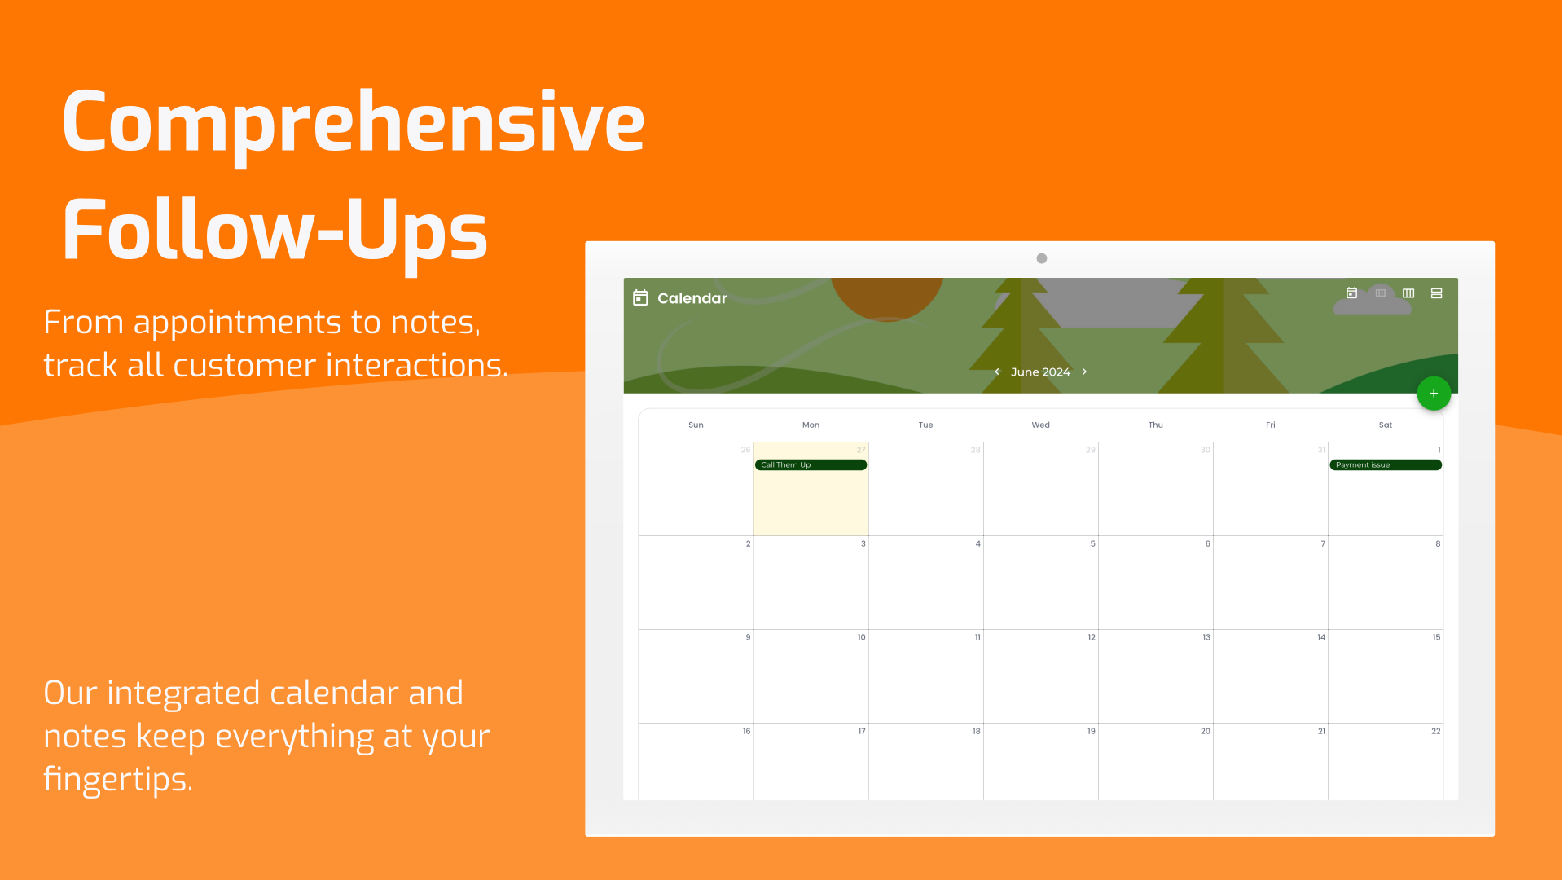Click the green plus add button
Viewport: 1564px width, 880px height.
[1434, 394]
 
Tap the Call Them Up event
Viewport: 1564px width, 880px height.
[811, 465]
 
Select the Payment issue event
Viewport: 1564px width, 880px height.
[1385, 465]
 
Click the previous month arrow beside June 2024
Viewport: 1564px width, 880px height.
[997, 372]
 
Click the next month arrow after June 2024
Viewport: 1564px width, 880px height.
[1084, 372]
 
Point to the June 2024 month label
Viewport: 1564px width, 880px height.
[1040, 372]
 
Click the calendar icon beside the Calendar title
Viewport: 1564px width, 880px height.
[640, 297]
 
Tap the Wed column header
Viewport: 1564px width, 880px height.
[1041, 425]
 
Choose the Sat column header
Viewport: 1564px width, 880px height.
[1386, 425]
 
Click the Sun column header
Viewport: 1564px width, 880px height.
[696, 425]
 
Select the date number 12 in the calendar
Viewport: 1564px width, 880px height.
[1092, 637]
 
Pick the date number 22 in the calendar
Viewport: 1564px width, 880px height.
[1436, 731]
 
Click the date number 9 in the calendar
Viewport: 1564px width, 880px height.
[748, 637]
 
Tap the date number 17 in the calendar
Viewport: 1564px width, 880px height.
[862, 731]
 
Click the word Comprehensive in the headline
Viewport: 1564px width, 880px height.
[354, 124]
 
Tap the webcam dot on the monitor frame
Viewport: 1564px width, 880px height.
[1042, 258]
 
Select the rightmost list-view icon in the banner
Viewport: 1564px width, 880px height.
[1437, 293]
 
